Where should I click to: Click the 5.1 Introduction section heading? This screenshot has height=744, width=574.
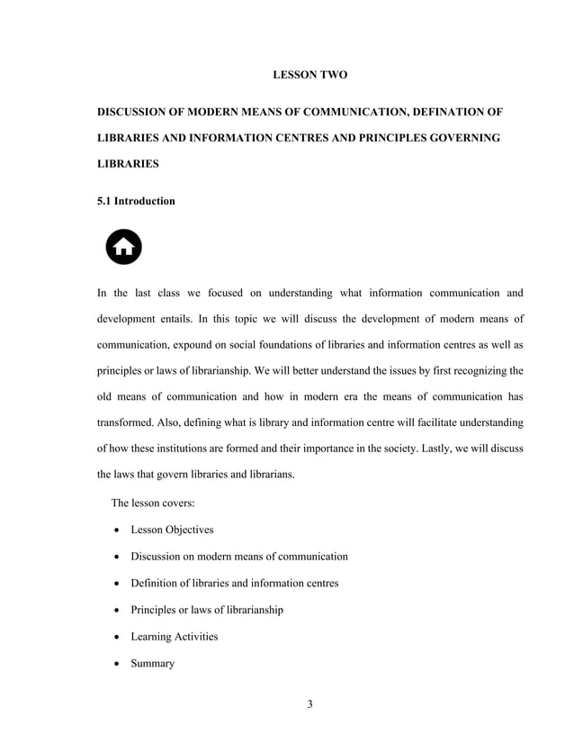pos(136,201)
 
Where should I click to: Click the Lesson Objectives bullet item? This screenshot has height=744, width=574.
pos(172,530)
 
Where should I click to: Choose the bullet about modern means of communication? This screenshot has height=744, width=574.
pos(239,557)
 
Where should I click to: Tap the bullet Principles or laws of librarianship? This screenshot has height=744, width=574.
pos(207,610)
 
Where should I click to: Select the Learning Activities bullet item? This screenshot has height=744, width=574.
pos(174,637)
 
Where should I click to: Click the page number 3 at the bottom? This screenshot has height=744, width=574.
pos(309,703)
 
